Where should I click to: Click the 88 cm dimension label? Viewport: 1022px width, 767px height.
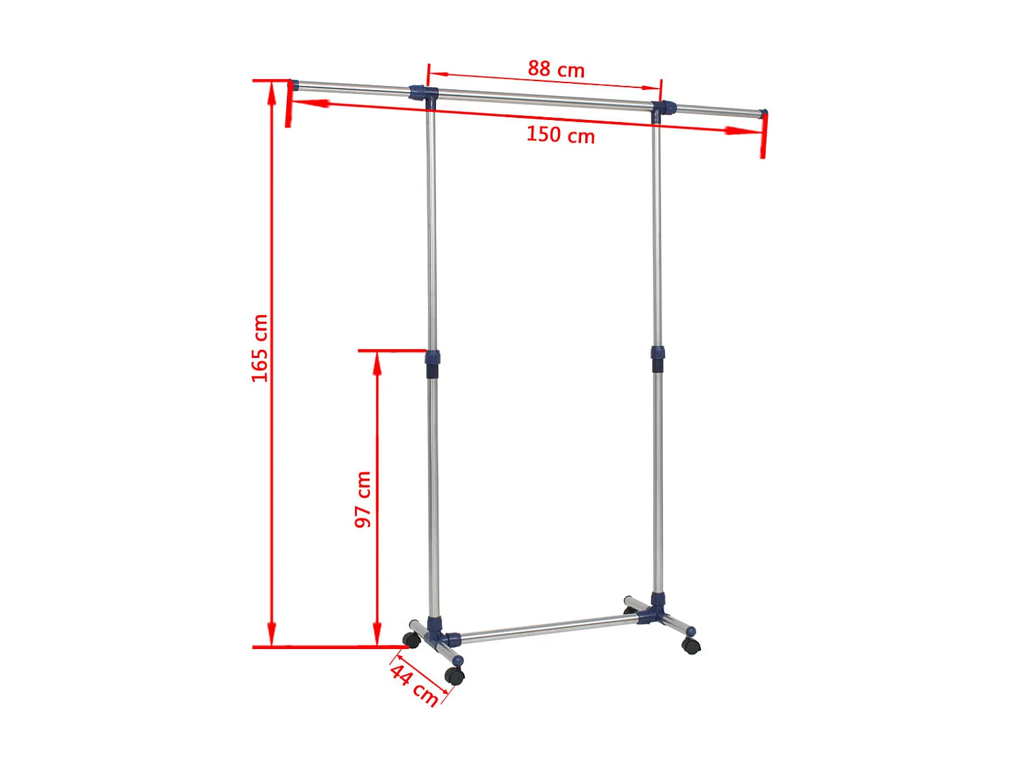[x=556, y=69]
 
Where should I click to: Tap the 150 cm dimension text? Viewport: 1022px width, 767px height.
[x=560, y=134]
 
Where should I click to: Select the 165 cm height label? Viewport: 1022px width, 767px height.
[x=260, y=348]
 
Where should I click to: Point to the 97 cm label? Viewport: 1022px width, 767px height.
[x=363, y=499]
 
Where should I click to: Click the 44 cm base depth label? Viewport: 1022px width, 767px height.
[x=414, y=685]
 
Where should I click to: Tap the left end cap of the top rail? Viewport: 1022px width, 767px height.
[x=294, y=85]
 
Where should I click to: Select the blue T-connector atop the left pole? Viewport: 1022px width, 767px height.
[x=424, y=94]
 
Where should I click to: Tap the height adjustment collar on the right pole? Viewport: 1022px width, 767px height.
[x=657, y=358]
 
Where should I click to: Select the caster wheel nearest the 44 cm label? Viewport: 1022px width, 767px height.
[x=454, y=676]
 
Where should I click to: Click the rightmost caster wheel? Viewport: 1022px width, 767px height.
[x=691, y=646]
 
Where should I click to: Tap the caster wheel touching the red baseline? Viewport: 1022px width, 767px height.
[x=411, y=640]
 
